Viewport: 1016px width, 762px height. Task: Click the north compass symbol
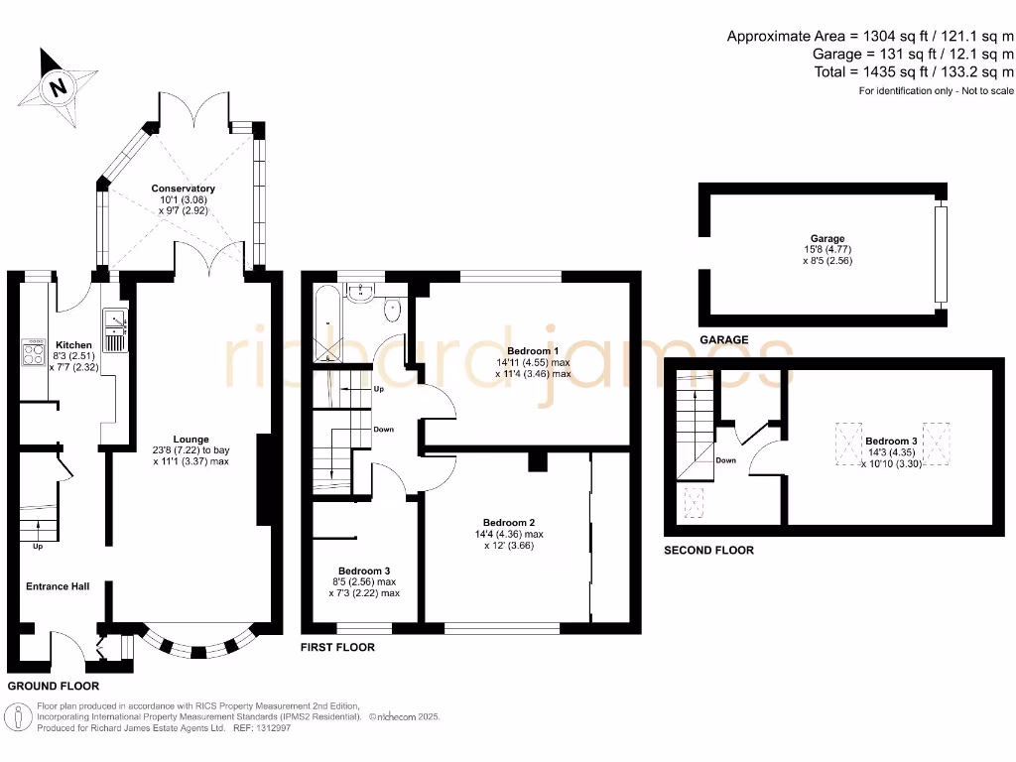click(x=58, y=87)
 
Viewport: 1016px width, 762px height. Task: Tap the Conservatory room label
click(x=184, y=189)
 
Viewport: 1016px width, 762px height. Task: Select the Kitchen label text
click(x=73, y=345)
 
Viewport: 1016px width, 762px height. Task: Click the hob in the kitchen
click(x=33, y=352)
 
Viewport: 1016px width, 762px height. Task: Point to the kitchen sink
click(x=115, y=330)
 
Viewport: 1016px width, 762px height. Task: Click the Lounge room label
click(x=191, y=440)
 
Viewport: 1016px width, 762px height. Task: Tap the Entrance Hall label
click(x=58, y=586)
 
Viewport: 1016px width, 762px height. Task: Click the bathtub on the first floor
click(x=328, y=323)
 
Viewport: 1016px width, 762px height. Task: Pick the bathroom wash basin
click(x=359, y=293)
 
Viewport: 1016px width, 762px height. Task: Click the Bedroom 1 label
click(x=533, y=351)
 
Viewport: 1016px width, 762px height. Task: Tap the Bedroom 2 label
click(x=509, y=523)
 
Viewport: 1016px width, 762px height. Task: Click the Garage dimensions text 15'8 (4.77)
click(x=828, y=249)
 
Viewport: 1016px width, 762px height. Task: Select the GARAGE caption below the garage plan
click(x=723, y=339)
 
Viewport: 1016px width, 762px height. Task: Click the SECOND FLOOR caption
click(x=708, y=550)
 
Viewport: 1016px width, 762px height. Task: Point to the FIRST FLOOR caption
click(x=337, y=647)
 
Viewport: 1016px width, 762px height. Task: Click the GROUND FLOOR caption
click(x=54, y=686)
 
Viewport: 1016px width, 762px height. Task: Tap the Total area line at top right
click(x=914, y=71)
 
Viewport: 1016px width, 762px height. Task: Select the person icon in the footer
click(x=18, y=717)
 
